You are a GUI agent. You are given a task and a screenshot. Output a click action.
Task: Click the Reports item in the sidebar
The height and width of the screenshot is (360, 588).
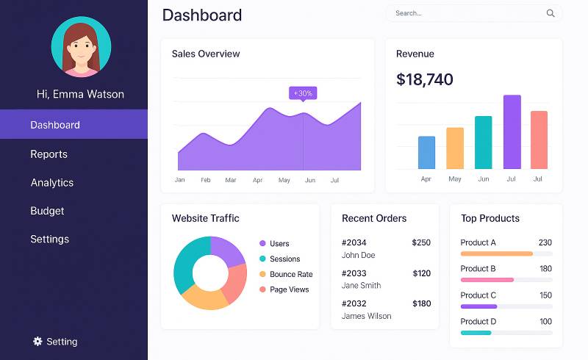click(49, 154)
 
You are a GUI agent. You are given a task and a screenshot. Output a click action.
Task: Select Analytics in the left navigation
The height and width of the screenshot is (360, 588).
click(51, 182)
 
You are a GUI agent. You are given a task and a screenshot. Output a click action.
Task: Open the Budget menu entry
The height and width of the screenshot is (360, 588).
click(47, 211)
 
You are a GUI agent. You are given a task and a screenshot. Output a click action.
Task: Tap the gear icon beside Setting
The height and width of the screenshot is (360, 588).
click(37, 342)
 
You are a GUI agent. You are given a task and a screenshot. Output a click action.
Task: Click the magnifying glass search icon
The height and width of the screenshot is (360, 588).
click(551, 13)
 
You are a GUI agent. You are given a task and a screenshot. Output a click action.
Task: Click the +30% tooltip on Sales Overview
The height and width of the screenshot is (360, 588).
click(303, 93)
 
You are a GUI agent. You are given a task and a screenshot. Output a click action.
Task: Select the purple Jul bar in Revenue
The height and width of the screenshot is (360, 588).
click(512, 132)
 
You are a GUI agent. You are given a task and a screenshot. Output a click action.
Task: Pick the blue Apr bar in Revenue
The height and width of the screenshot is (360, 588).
click(426, 152)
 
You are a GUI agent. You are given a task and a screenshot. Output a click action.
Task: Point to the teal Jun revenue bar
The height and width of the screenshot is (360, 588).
click(483, 143)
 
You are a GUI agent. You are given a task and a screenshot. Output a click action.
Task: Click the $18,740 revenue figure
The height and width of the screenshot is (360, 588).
click(424, 79)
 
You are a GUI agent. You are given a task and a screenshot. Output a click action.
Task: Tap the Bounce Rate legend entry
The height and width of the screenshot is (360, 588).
click(290, 274)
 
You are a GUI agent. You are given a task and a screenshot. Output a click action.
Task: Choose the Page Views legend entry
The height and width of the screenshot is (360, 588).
click(289, 289)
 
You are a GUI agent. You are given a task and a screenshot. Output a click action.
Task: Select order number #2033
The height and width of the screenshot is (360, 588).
click(354, 273)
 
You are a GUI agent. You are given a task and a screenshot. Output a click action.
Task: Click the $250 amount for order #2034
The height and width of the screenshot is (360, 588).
click(421, 242)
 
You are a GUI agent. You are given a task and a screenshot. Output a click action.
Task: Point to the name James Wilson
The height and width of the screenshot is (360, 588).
click(366, 316)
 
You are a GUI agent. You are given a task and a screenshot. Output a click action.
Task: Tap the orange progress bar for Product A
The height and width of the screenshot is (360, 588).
click(496, 253)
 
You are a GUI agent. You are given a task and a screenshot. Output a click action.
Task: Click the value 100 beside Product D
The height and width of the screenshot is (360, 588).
click(545, 322)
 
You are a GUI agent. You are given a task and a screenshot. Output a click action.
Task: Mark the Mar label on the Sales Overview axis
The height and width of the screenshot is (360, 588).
click(231, 180)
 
